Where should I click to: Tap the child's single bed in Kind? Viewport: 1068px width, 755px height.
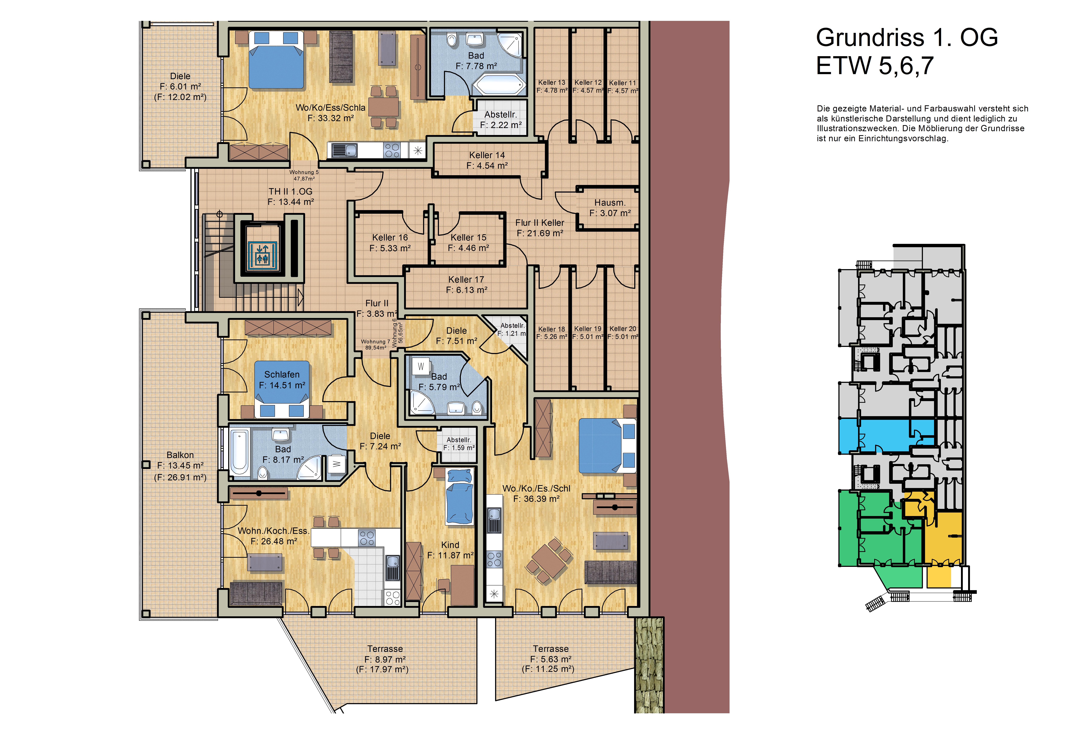(460, 496)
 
